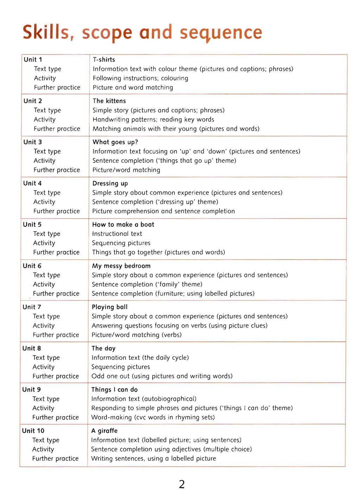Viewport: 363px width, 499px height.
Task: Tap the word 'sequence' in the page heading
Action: tap(221, 33)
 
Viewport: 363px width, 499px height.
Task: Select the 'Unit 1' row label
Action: tap(33, 59)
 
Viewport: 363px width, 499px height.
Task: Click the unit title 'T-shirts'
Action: tap(104, 59)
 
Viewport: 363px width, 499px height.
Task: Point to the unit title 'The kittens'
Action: tap(109, 101)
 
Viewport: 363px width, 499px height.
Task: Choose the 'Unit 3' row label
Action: tap(33, 142)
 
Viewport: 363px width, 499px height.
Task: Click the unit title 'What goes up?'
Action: tap(115, 142)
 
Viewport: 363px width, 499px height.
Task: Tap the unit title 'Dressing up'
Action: tap(110, 183)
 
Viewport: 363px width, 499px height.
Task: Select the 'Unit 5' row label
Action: tap(32, 224)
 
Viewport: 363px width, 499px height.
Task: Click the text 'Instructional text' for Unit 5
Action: tap(117, 233)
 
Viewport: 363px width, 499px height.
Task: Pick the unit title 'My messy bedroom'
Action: tap(121, 266)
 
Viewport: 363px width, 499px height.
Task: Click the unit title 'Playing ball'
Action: tap(109, 307)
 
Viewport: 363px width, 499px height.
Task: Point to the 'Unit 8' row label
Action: tap(32, 348)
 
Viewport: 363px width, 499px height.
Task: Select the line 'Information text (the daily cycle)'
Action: tap(140, 358)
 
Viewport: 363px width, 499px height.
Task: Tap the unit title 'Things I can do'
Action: tap(114, 389)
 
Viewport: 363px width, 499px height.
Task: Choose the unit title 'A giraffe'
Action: tap(104, 430)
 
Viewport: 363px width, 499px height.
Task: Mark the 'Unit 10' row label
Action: tap(33, 430)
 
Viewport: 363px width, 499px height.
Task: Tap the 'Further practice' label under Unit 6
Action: tap(56, 294)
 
